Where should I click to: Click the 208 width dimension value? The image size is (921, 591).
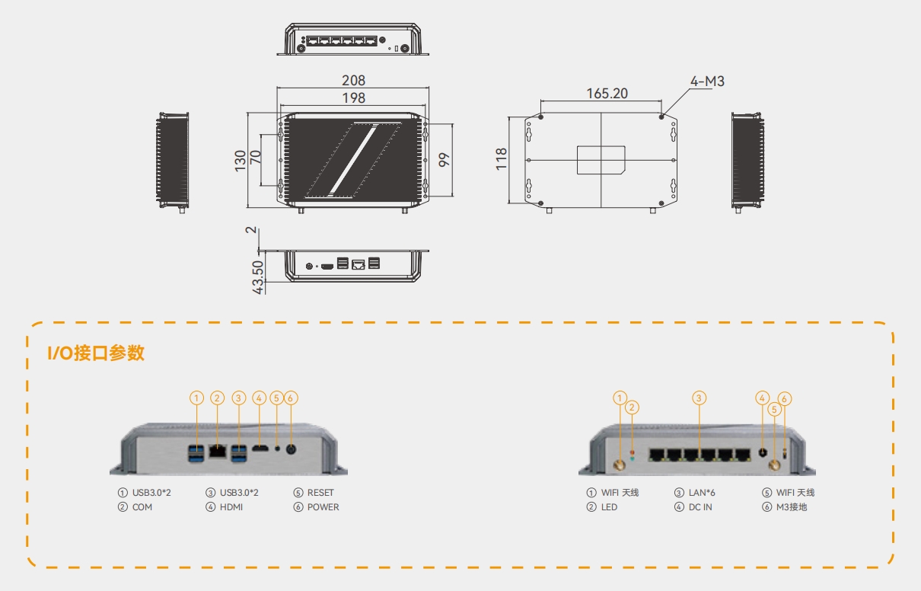pos(353,80)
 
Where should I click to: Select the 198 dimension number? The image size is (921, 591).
pos(353,97)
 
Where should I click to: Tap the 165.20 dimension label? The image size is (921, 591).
pos(607,93)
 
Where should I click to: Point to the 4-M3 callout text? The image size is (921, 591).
pos(707,81)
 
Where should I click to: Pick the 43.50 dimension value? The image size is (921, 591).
pos(258,277)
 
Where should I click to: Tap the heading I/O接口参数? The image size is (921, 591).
pos(96,353)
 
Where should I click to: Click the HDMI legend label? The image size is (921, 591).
pos(231,507)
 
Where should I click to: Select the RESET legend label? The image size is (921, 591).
pos(320,493)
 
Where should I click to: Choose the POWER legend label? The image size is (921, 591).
pos(323,507)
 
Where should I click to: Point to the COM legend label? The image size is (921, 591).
pos(142,507)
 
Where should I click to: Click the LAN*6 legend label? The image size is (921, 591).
pos(702,493)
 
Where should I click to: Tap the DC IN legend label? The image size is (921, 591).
pos(700,507)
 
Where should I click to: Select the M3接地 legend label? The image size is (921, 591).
pos(791,507)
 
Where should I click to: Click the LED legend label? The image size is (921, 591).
pos(609,507)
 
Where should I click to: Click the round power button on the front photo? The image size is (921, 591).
pos(290,449)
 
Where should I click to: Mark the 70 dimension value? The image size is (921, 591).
pos(256,159)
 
